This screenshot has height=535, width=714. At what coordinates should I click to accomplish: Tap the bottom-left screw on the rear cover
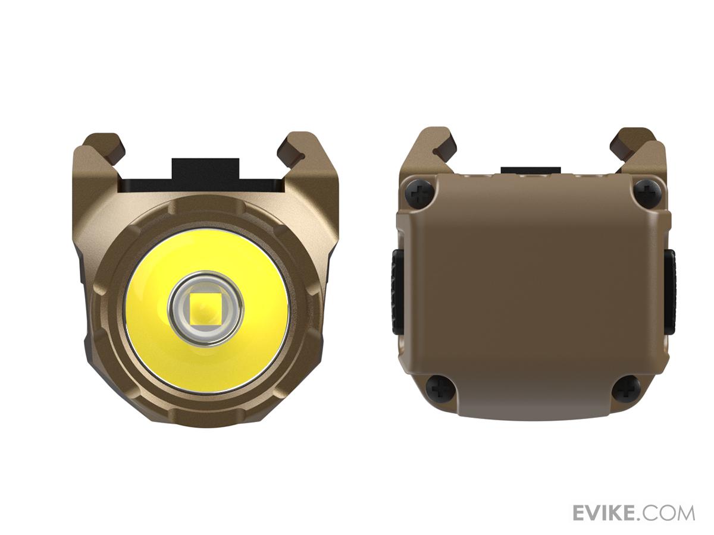tap(440, 389)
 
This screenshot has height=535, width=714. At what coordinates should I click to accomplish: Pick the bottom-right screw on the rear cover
tap(627, 389)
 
